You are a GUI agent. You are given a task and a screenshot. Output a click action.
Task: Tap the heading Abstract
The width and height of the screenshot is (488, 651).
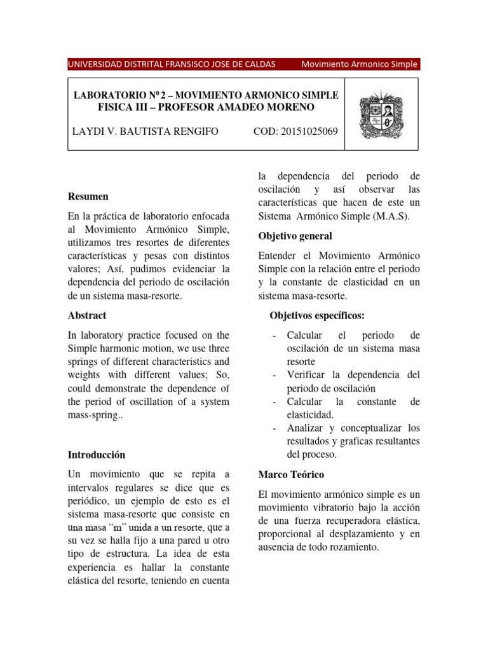click(87, 315)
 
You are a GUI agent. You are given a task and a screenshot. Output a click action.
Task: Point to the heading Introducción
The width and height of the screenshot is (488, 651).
click(97, 455)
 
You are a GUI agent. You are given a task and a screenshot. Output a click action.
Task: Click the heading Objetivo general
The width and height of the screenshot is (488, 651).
click(295, 236)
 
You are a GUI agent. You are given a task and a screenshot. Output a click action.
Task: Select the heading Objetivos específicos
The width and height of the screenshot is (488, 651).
click(317, 315)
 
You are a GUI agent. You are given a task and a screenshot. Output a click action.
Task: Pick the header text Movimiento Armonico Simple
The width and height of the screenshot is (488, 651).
click(359, 64)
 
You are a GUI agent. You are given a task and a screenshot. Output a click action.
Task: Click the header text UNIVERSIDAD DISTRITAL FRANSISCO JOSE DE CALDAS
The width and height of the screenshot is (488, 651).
click(172, 64)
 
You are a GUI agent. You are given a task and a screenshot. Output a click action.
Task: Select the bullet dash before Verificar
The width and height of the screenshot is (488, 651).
click(273, 375)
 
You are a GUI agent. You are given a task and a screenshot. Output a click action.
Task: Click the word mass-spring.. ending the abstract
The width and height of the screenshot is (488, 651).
click(93, 415)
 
